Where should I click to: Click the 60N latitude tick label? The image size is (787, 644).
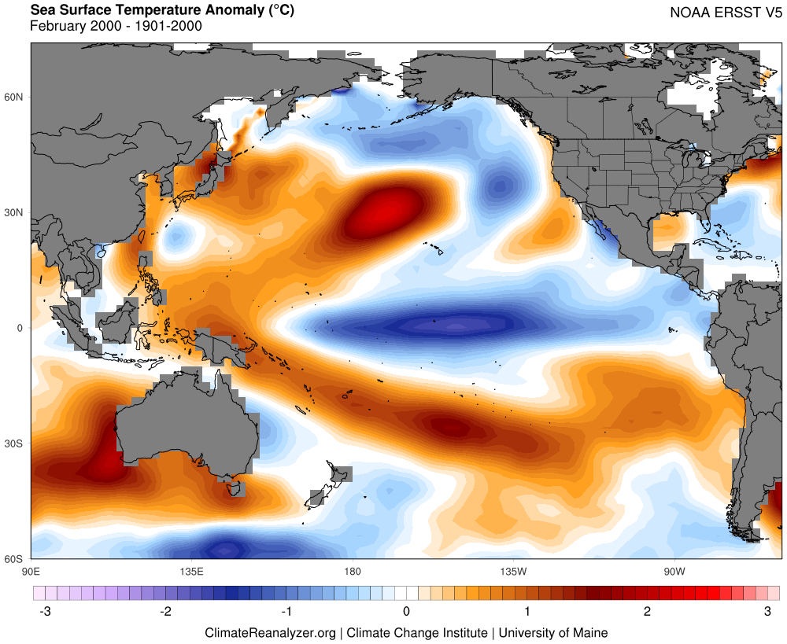[15, 98]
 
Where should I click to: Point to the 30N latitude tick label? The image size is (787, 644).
[15, 213]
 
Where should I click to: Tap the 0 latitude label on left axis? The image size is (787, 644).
[21, 328]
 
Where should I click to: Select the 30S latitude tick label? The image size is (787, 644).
[15, 443]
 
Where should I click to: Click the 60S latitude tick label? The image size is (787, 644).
[15, 559]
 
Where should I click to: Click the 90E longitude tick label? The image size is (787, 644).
[31, 570]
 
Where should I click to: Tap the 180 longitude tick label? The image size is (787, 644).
[352, 570]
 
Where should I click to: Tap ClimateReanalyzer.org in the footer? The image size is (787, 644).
[271, 632]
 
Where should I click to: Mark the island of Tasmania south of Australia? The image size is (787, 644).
[233, 488]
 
